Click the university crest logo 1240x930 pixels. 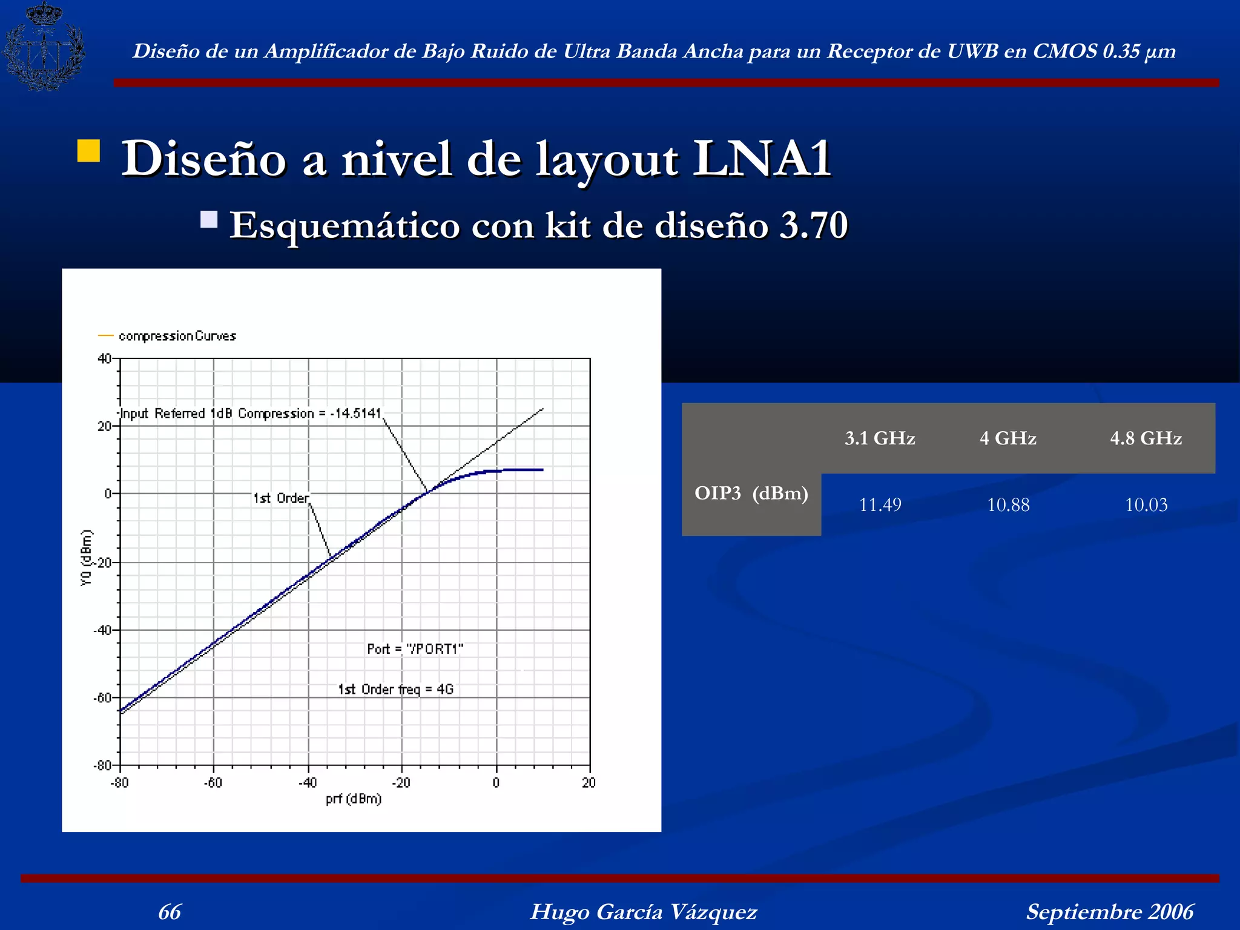[x=44, y=47]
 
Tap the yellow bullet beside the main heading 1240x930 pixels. [x=89, y=151]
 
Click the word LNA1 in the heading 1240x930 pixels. [x=762, y=159]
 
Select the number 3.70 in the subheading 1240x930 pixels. [x=813, y=225]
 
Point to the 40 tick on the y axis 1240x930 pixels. [x=104, y=358]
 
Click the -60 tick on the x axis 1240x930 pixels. [x=213, y=783]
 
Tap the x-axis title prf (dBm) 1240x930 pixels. [x=354, y=799]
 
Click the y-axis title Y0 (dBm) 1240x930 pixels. [x=87, y=558]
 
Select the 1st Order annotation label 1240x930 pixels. [x=281, y=498]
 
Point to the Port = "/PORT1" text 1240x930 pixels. [x=415, y=649]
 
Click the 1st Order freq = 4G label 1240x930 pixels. [x=395, y=689]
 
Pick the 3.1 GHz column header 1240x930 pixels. [x=880, y=438]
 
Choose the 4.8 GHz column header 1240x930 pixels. [x=1146, y=438]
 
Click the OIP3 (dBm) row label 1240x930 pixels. [x=751, y=493]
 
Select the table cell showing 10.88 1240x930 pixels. [x=1008, y=504]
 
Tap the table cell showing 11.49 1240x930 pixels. [x=880, y=504]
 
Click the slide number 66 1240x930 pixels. [x=170, y=912]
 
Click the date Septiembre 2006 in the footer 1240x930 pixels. [x=1110, y=912]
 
